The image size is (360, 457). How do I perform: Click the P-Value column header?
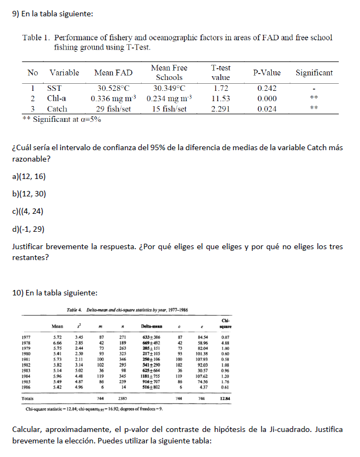coord(267,72)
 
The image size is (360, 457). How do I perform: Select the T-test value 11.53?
coord(221,98)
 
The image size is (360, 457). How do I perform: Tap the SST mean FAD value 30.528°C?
coord(113,88)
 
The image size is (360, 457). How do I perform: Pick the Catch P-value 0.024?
coord(267,109)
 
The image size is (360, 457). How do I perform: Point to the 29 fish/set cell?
coord(113,109)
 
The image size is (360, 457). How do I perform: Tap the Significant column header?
coord(314,72)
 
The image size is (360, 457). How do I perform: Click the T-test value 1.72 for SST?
coord(221,88)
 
